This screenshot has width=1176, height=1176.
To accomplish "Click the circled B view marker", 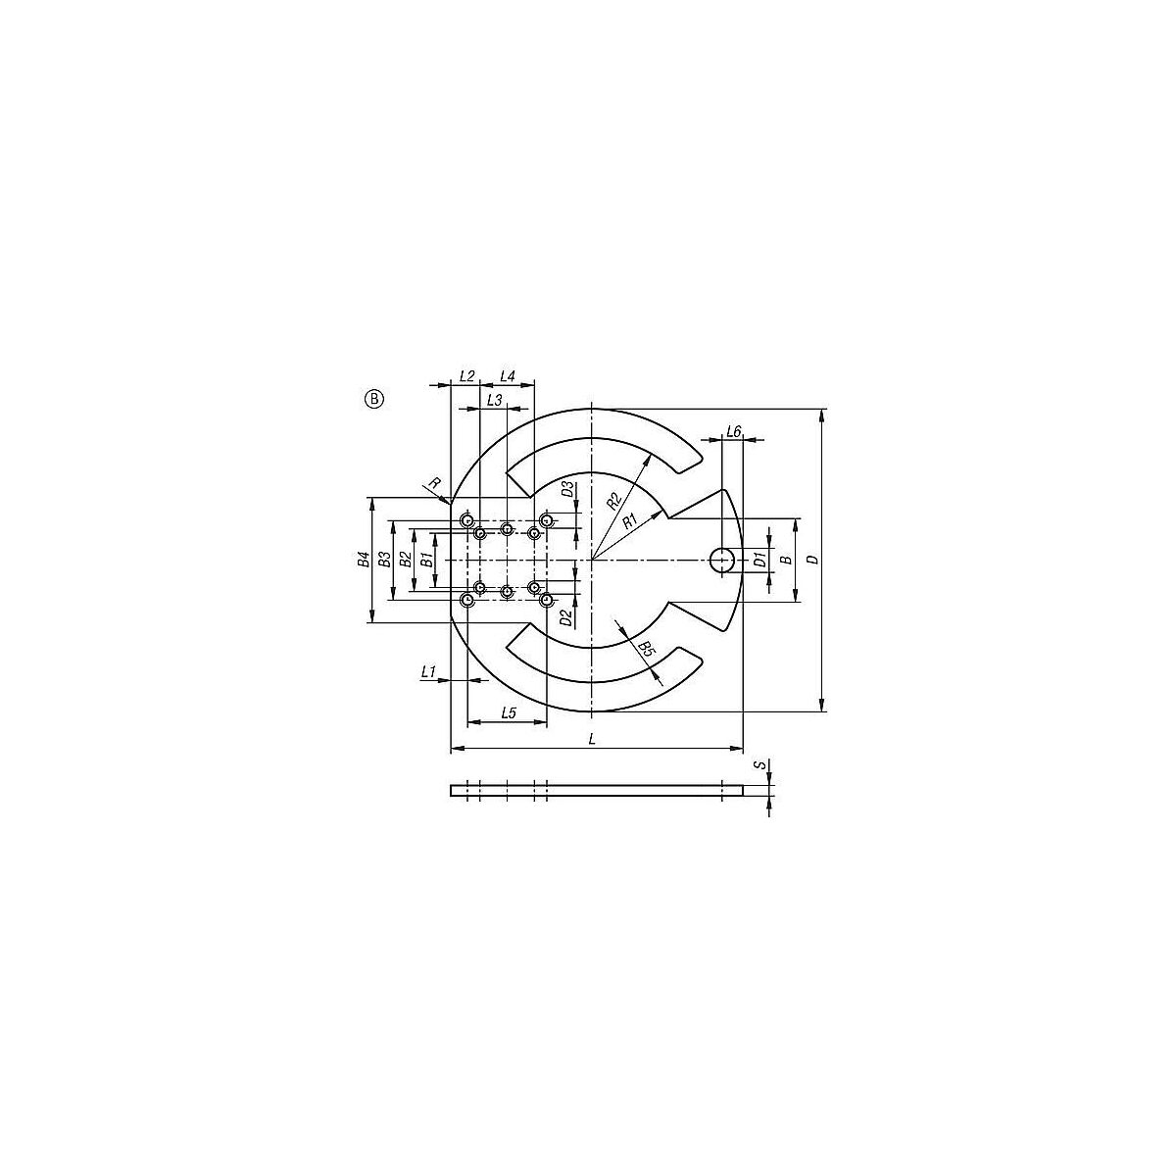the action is (374, 399).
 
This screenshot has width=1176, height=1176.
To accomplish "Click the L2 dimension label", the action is (466, 376).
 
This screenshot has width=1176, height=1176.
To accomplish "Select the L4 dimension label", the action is (507, 376).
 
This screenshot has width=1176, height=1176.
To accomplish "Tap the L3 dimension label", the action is (494, 401).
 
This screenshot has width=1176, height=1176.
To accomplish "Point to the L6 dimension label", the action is (734, 432).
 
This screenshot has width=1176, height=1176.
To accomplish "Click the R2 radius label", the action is (613, 501).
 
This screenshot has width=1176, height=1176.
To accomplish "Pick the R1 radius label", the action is (630, 520).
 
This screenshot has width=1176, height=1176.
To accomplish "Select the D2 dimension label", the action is (567, 618).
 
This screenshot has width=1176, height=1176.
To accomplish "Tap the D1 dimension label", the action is (759, 559).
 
